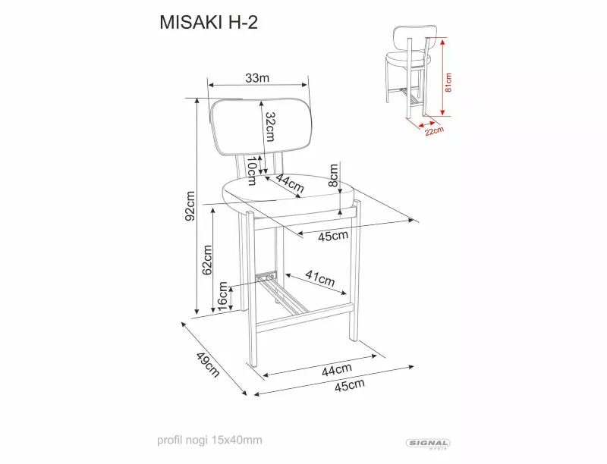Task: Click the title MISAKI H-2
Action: click(x=209, y=23)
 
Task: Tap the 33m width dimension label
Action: click(x=257, y=78)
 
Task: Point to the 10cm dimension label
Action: click(x=252, y=171)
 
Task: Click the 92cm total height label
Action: click(x=190, y=205)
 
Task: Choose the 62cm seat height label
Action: click(x=207, y=259)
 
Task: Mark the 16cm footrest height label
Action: click(x=222, y=296)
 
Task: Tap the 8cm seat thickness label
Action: click(x=333, y=175)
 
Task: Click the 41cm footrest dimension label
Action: click(x=319, y=278)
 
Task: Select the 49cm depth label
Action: click(x=208, y=365)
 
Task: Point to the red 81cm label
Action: click(x=448, y=83)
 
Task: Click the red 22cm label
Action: click(x=434, y=131)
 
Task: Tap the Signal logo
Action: click(x=428, y=444)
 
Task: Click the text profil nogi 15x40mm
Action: click(x=209, y=440)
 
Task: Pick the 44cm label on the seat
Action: click(x=290, y=183)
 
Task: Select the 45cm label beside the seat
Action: click(x=333, y=236)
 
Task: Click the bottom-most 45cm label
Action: click(x=350, y=385)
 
